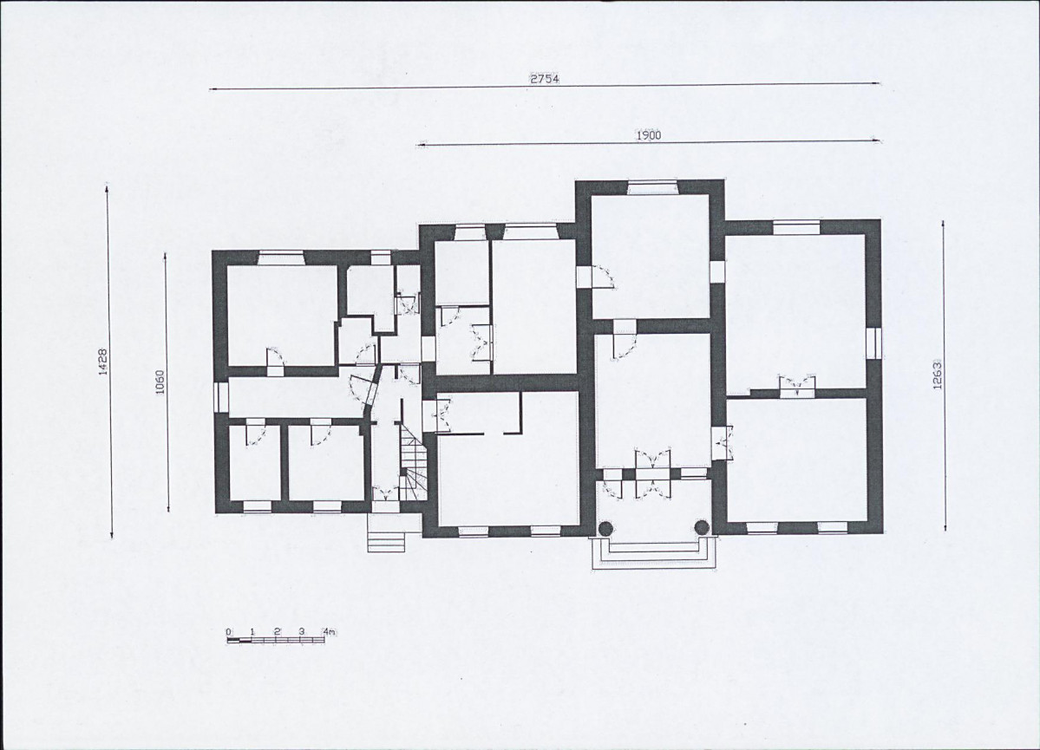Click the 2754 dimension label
tap(544, 78)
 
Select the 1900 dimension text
tap(649, 135)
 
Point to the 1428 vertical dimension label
tap(103, 362)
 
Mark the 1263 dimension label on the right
tap(937, 375)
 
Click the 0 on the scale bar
tap(228, 632)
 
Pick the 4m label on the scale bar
tap(329, 631)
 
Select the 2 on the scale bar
tap(278, 631)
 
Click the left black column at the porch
tap(605, 528)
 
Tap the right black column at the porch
tap(702, 528)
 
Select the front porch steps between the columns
tap(653, 554)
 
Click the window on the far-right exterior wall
tap(875, 342)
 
